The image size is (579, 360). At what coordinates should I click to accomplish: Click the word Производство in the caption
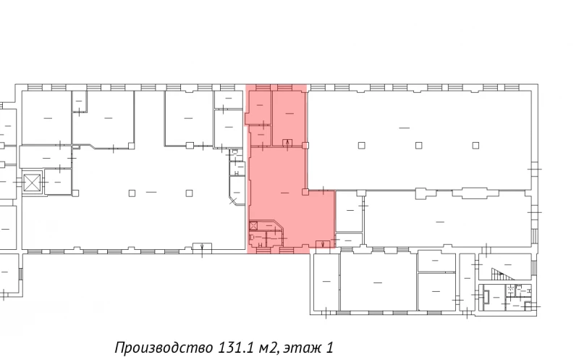coord(164,348)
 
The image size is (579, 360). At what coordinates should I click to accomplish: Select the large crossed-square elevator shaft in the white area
coord(31,183)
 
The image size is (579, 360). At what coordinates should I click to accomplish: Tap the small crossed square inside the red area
coord(253,225)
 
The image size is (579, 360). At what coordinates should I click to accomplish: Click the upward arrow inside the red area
coord(287,143)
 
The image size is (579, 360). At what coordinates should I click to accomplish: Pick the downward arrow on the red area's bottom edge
coord(323,244)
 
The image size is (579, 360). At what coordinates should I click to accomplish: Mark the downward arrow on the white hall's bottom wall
coord(202,246)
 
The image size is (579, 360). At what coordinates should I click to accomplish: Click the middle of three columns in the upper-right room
coord(419,146)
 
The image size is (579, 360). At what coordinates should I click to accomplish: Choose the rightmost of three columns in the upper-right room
coord(476,146)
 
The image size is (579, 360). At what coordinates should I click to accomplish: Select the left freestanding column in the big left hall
coord(132,193)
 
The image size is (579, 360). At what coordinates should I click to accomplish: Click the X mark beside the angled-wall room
coord(232,201)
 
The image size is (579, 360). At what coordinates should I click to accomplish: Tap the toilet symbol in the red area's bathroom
coord(251,238)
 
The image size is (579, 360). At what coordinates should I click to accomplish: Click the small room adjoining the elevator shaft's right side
coord(58,182)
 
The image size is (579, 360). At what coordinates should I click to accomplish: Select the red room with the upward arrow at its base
coord(289,118)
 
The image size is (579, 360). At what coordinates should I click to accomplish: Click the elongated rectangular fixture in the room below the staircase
coord(486,296)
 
